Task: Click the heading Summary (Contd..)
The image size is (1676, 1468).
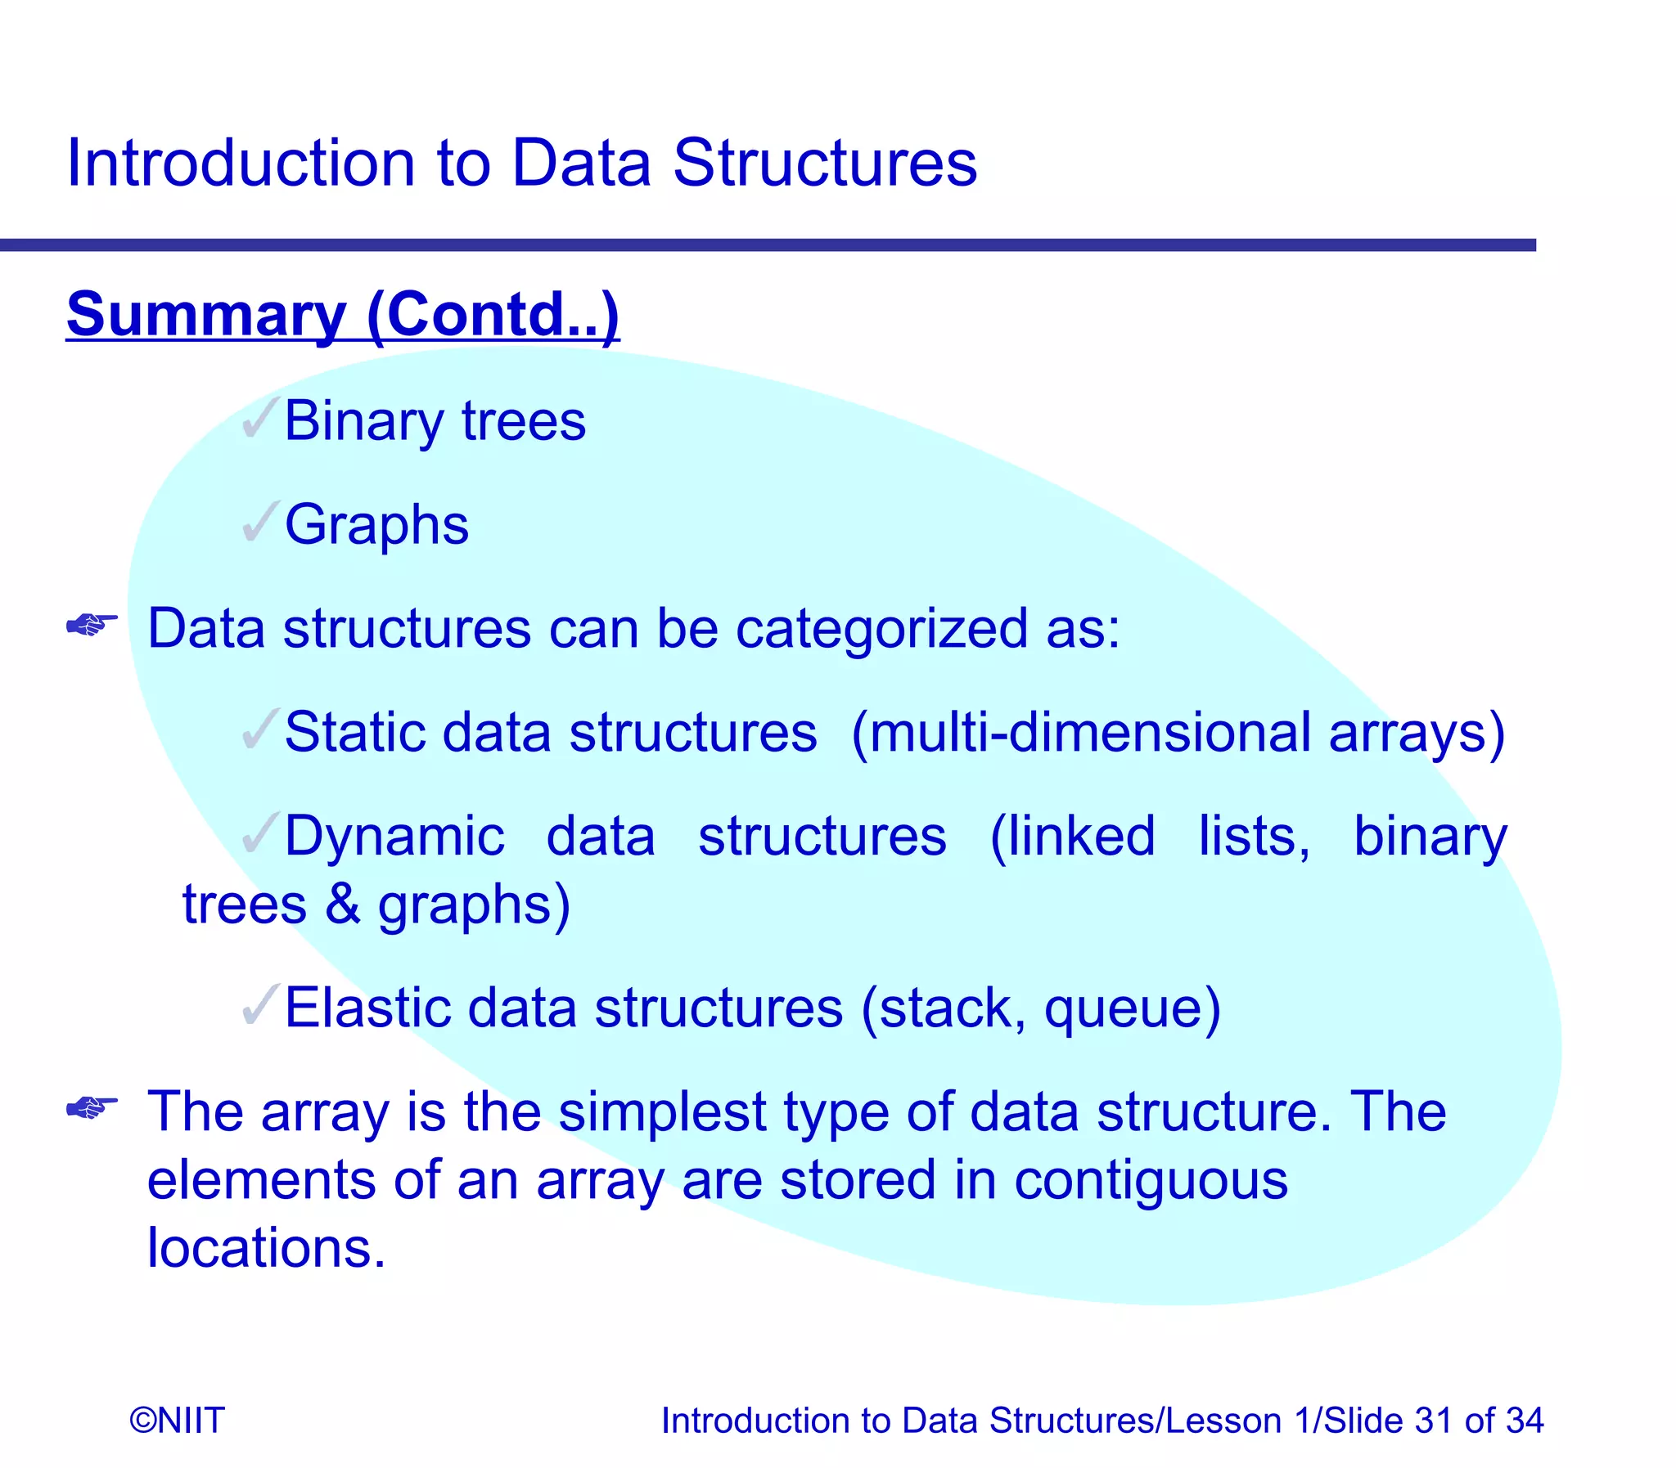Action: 343,315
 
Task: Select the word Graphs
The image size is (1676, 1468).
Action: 376,525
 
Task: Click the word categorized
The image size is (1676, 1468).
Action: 881,629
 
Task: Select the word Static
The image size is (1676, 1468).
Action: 354,731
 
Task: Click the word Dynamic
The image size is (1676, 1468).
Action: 394,837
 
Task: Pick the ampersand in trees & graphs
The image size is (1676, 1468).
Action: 342,905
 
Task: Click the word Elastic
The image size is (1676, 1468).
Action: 367,1008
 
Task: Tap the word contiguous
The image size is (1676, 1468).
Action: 1150,1181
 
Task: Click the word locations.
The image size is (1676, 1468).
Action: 265,1249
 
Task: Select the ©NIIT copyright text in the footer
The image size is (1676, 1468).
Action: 177,1421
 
